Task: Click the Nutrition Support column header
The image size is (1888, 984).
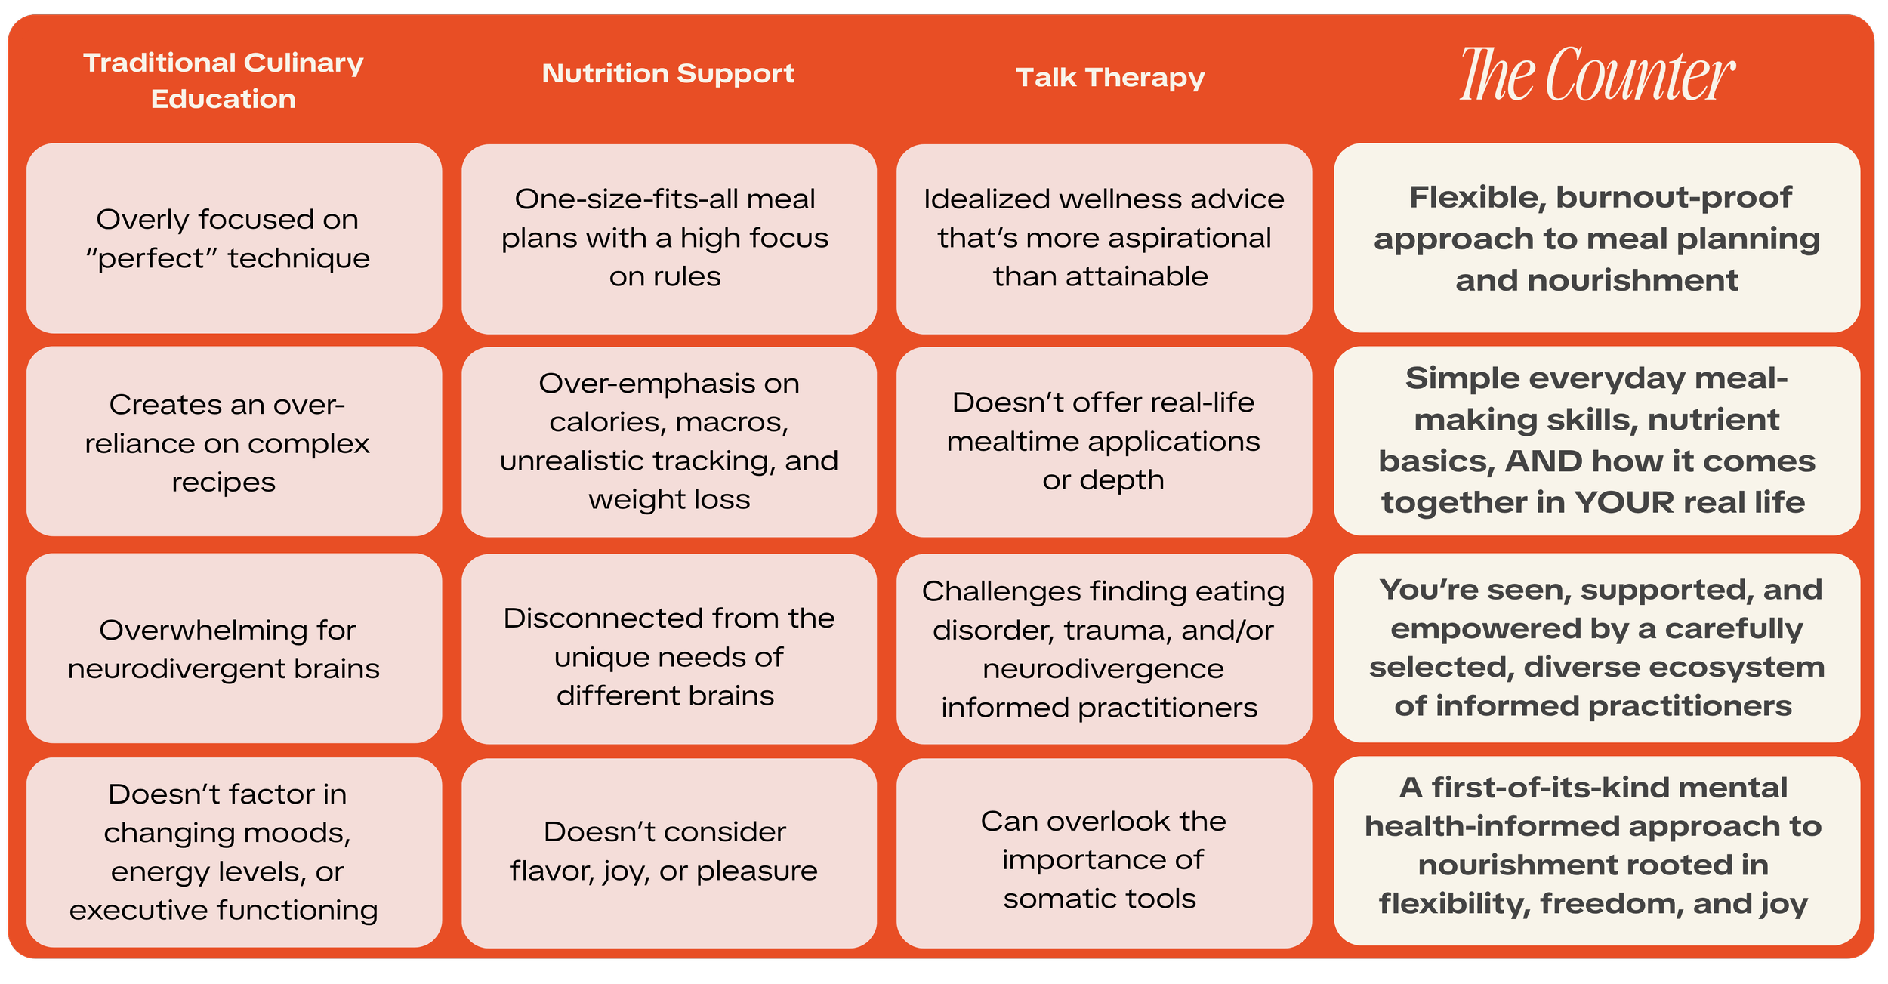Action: tap(668, 74)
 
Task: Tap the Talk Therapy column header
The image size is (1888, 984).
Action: tap(1109, 78)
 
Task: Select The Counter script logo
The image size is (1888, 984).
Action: tap(1596, 75)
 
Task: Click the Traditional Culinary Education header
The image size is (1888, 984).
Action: tap(223, 80)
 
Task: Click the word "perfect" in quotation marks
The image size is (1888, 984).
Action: tap(151, 259)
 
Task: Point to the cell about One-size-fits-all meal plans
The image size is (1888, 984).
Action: tap(668, 239)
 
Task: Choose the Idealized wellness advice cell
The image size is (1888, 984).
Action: tap(1103, 239)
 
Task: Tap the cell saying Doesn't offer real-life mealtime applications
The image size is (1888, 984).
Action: tap(1103, 442)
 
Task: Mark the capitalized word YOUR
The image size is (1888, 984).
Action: tap(1624, 503)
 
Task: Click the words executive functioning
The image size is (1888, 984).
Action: tap(224, 911)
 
